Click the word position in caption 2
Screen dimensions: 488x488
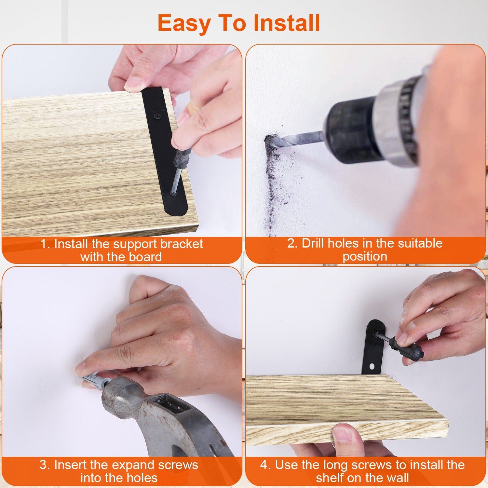pyautogui.click(x=365, y=256)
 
